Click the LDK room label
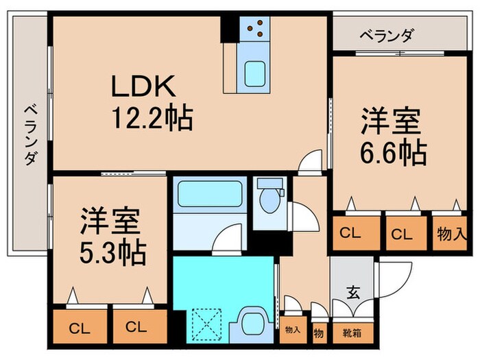[x=145, y=87]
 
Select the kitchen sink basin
[x=255, y=72]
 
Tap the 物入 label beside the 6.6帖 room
[x=452, y=233]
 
